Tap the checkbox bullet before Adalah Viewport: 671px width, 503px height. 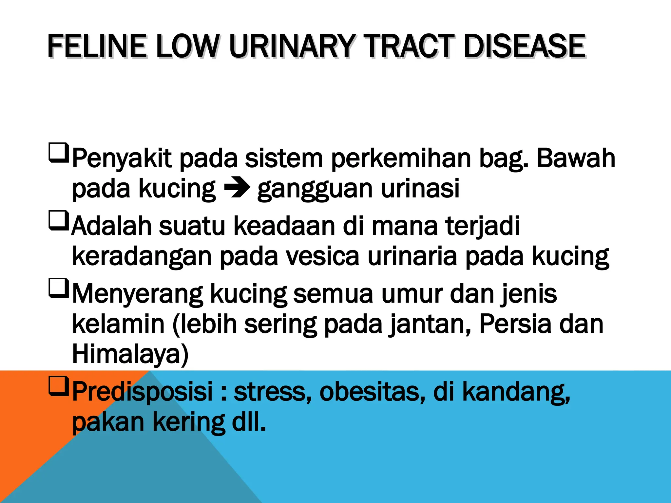59,220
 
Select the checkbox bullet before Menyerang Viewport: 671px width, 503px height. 59,288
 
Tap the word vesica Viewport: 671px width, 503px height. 323,256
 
